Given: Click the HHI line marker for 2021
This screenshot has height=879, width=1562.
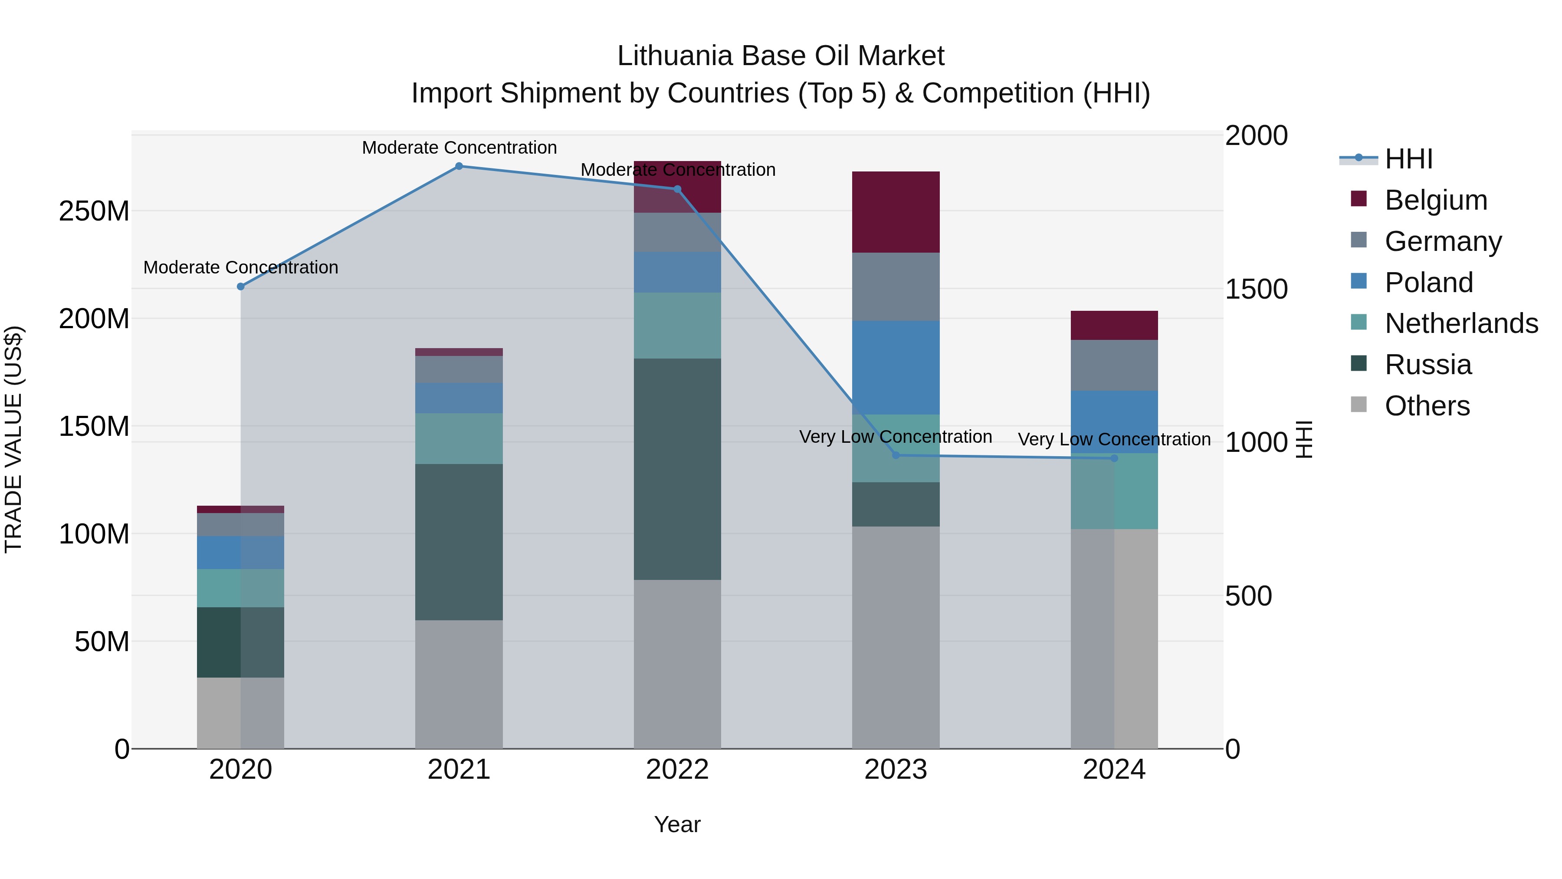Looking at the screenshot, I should [459, 166].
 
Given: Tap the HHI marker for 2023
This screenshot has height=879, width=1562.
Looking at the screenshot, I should [896, 455].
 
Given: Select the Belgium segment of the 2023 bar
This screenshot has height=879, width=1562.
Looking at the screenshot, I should [896, 212].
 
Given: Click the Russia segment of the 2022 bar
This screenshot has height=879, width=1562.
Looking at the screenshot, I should [677, 469].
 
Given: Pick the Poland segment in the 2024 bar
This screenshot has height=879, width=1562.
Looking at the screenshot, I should [1114, 421].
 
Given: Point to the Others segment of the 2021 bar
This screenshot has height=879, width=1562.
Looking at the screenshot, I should [459, 684].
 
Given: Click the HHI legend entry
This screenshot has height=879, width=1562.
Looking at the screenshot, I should [1408, 159].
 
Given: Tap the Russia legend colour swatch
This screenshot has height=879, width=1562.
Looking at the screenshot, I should [1359, 364].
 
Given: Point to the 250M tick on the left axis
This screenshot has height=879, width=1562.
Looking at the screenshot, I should [94, 212].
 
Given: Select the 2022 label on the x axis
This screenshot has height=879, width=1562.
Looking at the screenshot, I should [677, 770].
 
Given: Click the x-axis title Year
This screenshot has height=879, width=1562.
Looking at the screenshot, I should [677, 824].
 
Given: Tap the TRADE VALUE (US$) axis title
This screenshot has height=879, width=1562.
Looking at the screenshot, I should [13, 439].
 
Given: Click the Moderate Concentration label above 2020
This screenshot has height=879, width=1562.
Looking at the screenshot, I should [241, 267].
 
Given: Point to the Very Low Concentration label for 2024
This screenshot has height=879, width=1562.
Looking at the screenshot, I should [1114, 439].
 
